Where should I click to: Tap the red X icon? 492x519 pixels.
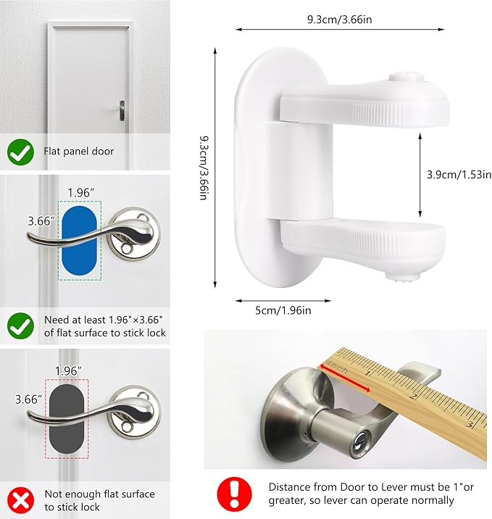point(20,500)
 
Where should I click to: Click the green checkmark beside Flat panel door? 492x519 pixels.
point(20,152)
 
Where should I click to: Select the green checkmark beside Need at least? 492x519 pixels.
point(20,325)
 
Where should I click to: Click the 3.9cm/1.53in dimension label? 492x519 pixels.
point(459,175)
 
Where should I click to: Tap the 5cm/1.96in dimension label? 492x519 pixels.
point(282,310)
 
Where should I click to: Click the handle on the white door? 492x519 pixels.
point(120,109)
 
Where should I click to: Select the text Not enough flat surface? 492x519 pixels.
point(100,494)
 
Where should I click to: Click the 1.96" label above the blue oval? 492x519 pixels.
point(80,192)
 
